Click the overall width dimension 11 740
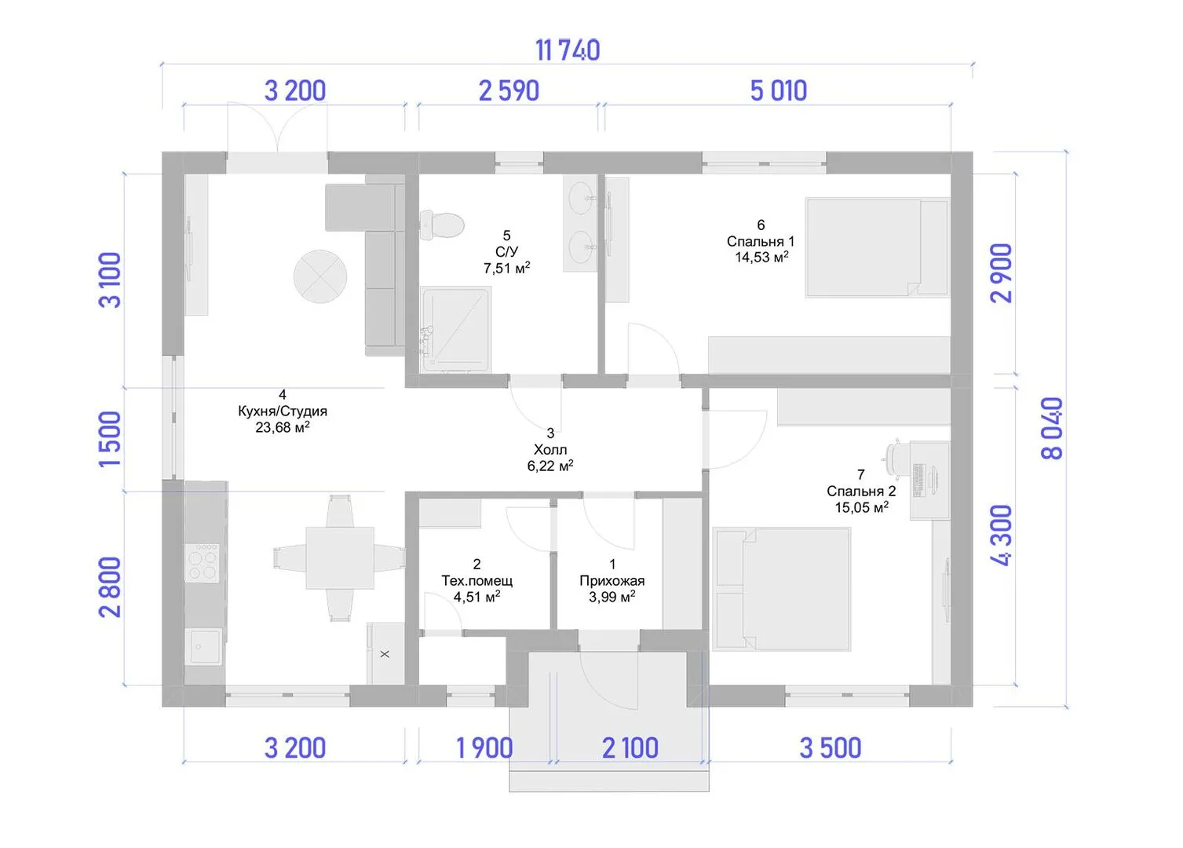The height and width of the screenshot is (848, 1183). tap(568, 50)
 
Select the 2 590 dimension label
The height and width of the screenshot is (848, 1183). tap(509, 91)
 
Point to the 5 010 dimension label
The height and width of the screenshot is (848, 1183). tap(779, 91)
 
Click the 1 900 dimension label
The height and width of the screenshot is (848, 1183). tap(484, 747)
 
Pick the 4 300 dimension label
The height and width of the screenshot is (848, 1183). tap(1001, 535)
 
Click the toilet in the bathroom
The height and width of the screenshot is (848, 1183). tap(442, 225)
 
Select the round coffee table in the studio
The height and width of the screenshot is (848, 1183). tap(320, 276)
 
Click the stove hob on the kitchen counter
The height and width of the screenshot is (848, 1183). tap(203, 563)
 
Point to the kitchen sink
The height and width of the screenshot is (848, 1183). tap(205, 645)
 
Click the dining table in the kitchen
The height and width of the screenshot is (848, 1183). tap(340, 557)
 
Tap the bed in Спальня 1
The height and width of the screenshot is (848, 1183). tap(877, 247)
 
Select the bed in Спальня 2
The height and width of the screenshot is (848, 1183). tap(782, 589)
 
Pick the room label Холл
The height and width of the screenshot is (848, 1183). tap(550, 450)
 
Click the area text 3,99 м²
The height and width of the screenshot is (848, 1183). tap(612, 597)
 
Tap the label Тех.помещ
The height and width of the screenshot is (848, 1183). tap(477, 581)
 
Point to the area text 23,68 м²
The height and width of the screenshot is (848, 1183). tap(283, 427)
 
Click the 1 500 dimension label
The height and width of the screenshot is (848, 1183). tap(110, 439)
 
